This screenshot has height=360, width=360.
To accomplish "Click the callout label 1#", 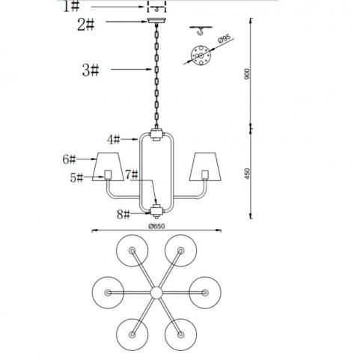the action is [71, 6].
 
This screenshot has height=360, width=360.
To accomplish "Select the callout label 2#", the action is [86, 25].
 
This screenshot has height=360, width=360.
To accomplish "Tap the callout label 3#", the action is [91, 70].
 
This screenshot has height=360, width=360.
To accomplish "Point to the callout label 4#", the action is [114, 139].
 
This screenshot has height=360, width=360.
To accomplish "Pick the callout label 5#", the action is [76, 177].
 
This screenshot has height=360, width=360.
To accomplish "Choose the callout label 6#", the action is [69, 159].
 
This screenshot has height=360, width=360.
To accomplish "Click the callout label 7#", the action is [132, 174].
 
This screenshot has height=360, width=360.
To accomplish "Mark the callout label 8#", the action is [123, 214].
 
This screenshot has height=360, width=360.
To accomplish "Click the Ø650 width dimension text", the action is [156, 226].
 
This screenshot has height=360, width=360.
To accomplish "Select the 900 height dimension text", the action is [247, 74].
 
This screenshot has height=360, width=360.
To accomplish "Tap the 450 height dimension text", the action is [247, 174].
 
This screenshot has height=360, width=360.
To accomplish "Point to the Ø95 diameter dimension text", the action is [224, 39].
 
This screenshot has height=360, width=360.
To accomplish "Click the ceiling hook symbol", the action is [201, 30].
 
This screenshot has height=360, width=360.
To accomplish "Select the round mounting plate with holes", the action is [201, 55].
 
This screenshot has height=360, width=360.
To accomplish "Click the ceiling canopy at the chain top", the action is [156, 20].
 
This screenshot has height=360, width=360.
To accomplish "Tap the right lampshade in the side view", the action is [205, 166].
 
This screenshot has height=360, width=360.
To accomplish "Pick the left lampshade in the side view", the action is [108, 166].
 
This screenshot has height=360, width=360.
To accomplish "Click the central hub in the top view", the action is [156, 293].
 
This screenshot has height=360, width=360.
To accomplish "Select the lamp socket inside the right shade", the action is [205, 175].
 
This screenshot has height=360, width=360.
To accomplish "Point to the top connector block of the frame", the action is [156, 134].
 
